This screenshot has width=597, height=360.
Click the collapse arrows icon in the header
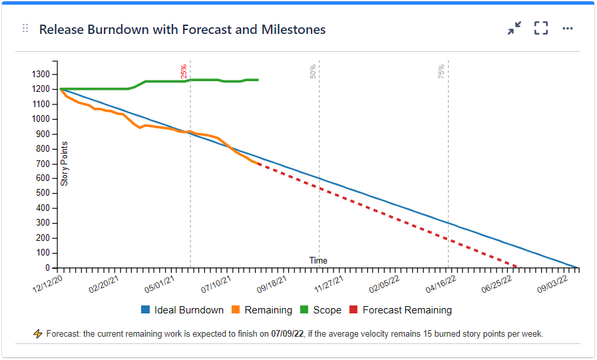coord(514,29)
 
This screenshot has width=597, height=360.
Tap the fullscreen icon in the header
coord(541,29)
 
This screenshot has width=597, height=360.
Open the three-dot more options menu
coord(568,29)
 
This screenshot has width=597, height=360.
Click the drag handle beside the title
coord(25,29)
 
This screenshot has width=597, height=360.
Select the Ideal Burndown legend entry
coord(182,310)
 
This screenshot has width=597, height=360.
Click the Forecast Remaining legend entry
coord(400,310)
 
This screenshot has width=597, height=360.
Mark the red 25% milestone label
coord(184,71)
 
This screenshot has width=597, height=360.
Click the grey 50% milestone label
coord(313,71)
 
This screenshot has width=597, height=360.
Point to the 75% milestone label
coord(442,71)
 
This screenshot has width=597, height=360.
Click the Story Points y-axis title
coord(65,164)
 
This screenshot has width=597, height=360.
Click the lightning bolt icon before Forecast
coord(38,334)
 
